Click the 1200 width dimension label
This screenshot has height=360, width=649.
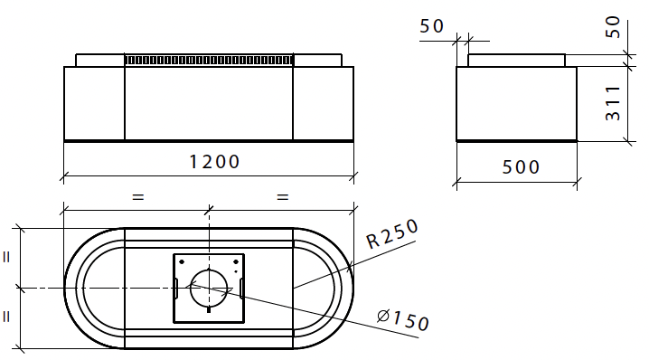coord(214,162)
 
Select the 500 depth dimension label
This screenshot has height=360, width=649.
coord(521,167)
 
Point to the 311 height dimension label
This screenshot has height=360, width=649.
coord(613,103)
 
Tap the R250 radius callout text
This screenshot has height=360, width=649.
coord(392,233)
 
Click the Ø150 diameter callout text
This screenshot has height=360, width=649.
coord(403,320)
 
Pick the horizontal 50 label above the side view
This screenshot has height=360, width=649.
coord(432,26)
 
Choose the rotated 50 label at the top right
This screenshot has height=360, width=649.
coord(613,27)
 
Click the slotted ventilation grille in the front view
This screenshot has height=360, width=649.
coord(209,61)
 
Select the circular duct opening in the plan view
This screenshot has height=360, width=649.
coord(209,289)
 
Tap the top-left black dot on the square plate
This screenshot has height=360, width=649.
coord(182,261)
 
